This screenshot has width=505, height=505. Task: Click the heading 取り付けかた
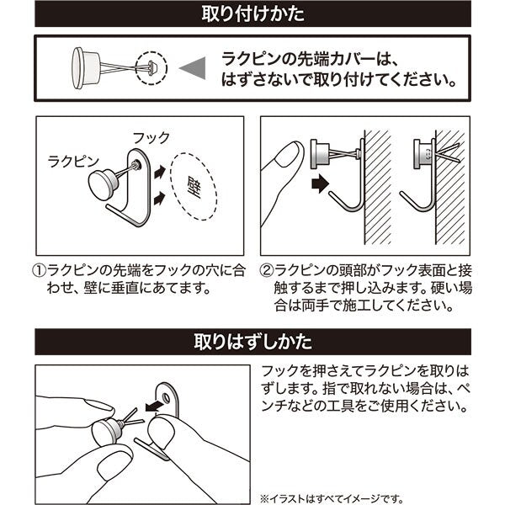[x=253, y=14]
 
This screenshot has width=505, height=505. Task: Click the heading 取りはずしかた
[x=253, y=343]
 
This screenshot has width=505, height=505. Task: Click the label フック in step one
[x=151, y=137]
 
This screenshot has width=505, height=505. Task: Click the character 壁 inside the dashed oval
[x=194, y=188]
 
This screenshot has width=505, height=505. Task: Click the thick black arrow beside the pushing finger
[x=320, y=181]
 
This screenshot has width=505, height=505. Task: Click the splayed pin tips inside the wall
[x=448, y=152]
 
